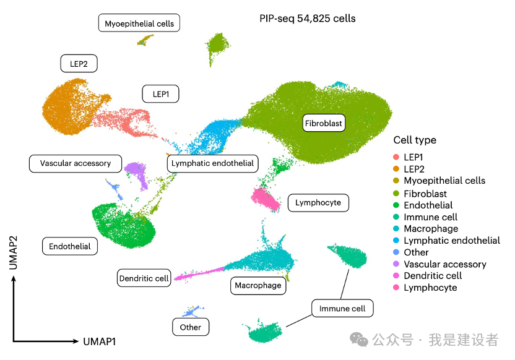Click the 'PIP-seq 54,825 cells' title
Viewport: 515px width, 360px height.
click(308, 19)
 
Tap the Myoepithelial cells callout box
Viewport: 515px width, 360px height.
click(139, 24)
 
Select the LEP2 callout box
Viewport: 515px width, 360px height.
click(79, 63)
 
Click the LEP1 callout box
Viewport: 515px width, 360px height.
click(160, 94)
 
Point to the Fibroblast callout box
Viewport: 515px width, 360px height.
click(323, 123)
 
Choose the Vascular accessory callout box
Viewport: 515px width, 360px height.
click(75, 163)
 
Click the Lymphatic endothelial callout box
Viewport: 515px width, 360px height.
click(212, 163)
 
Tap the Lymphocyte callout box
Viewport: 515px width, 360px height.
click(318, 202)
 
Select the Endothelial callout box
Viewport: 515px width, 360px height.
click(70, 246)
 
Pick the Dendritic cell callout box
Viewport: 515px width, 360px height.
click(144, 278)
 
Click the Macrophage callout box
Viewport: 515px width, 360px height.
click(257, 285)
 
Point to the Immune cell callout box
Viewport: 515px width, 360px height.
click(342, 308)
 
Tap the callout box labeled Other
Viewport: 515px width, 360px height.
click(190, 327)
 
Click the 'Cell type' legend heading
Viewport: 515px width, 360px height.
click(415, 140)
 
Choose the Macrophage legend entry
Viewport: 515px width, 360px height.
click(431, 229)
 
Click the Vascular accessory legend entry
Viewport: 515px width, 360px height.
click(444, 264)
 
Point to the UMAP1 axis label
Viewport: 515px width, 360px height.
click(99, 341)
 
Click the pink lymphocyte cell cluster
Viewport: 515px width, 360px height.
click(266, 199)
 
